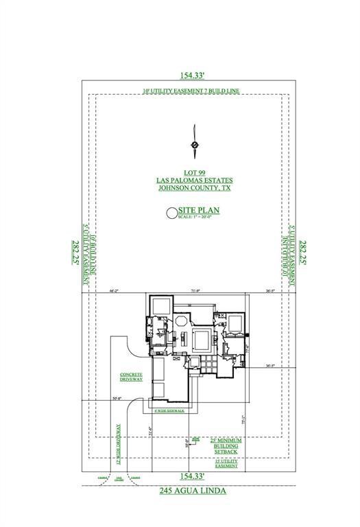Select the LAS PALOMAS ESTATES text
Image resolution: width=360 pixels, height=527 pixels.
click(194, 179)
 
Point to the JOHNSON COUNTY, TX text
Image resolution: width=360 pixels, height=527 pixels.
click(194, 187)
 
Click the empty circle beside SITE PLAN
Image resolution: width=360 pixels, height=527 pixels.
click(171, 213)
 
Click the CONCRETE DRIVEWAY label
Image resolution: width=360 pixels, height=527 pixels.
click(130, 377)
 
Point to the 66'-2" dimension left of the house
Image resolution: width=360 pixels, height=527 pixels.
click(115, 291)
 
